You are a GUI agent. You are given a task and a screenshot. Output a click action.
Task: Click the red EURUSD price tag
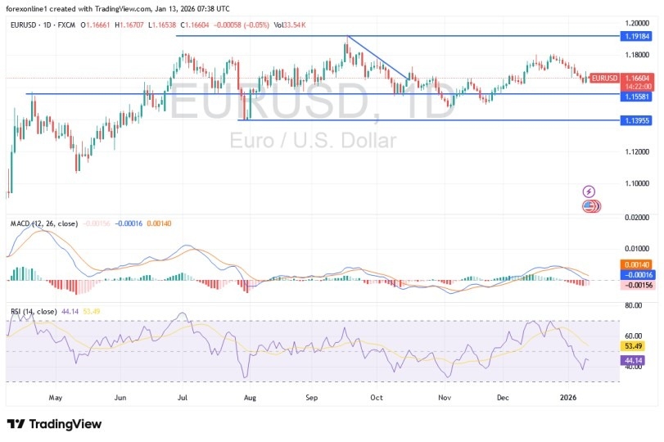(604, 78)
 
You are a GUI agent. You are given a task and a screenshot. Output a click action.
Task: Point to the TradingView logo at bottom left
(54, 424)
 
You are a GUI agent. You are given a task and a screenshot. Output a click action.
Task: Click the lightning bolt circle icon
(589, 192)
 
